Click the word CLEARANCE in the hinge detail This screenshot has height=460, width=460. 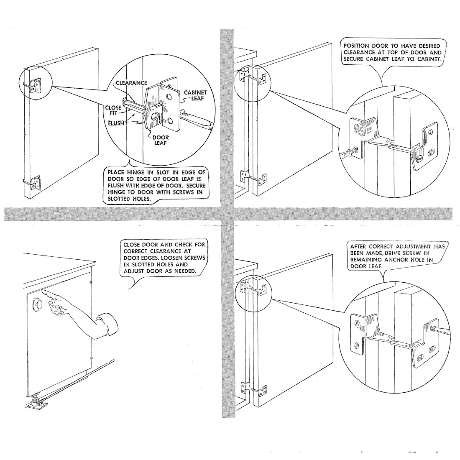tap(131, 82)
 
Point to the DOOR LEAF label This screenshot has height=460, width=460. tap(161, 140)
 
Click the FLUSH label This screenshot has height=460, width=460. tap(116, 123)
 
